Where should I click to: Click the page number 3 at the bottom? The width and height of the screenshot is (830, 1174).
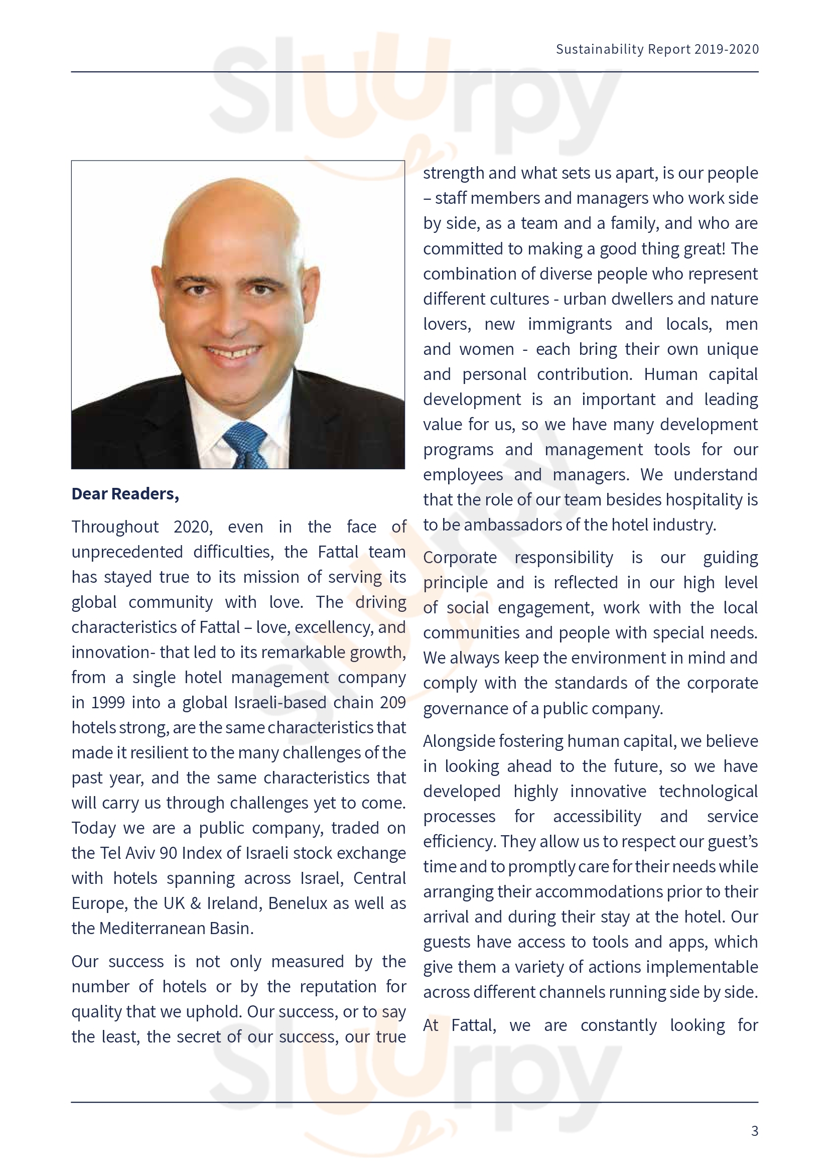(x=754, y=1130)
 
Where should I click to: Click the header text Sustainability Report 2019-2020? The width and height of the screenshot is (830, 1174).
(x=657, y=49)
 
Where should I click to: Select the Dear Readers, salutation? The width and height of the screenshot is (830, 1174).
(x=125, y=494)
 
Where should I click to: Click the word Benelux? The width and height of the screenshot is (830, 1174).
(x=298, y=903)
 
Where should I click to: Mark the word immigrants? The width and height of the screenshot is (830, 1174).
(x=570, y=324)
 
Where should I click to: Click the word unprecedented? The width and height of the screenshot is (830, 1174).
(x=127, y=552)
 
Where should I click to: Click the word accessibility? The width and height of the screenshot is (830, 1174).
(x=597, y=817)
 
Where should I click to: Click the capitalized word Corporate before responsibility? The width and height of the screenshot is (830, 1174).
(x=460, y=557)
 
